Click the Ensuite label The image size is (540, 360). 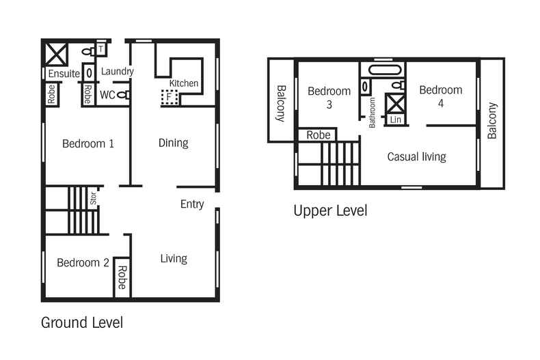point(63,73)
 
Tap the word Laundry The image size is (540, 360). point(117,71)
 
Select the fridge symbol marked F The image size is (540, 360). point(169,97)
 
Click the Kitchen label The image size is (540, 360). point(184,83)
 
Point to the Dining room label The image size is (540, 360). point(173,143)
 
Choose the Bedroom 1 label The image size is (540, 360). point(87,143)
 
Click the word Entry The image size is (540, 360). point(192,204)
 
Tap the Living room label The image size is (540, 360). point(174,258)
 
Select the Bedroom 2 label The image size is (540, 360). point(83,262)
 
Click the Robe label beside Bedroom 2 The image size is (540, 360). point(122,277)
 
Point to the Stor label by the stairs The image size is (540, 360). point(93,199)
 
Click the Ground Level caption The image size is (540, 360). point(82,322)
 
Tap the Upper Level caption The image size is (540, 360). point(330,210)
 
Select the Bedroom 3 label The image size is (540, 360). point(329,98)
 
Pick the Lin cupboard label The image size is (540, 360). point(395,120)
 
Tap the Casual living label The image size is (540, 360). point(416,156)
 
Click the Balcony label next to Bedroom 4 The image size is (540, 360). point(492,121)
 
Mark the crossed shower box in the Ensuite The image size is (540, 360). point(55,53)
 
